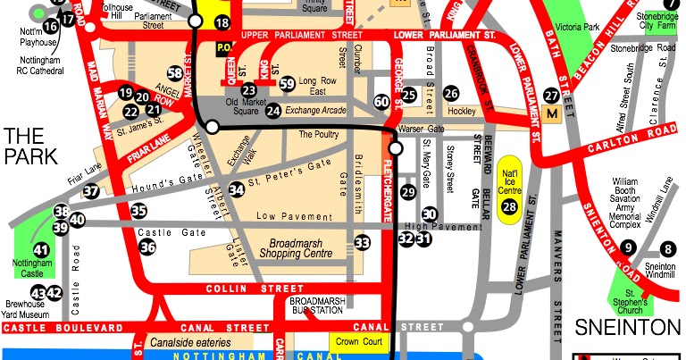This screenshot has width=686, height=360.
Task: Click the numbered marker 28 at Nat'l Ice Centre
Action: (x=509, y=207)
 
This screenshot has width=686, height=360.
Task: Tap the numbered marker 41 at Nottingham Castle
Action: (x=41, y=251)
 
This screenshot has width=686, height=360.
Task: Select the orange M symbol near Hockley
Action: (x=551, y=114)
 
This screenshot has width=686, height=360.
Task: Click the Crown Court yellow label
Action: (x=358, y=340)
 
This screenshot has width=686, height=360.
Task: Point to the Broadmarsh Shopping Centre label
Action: (x=295, y=249)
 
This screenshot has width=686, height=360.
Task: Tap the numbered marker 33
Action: (x=362, y=242)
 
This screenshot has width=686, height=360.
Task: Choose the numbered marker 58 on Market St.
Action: (x=175, y=72)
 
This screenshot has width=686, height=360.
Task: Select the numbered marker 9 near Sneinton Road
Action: (x=629, y=247)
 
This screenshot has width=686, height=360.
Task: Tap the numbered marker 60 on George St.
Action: (x=381, y=103)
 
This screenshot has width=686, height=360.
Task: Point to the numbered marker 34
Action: (x=236, y=188)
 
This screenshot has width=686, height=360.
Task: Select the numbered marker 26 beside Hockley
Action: (x=452, y=93)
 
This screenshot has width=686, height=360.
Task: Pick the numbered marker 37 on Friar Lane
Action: (x=91, y=190)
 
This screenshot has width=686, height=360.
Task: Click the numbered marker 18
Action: (x=222, y=22)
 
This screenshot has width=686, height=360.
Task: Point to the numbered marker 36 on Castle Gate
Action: (x=147, y=247)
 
